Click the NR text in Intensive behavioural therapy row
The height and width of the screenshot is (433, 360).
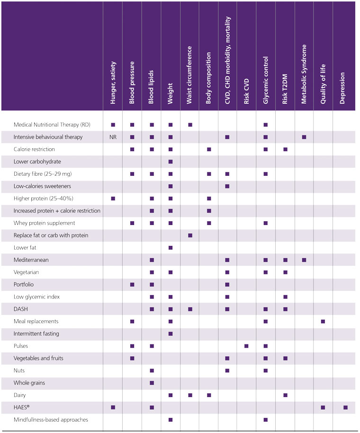click(x=113, y=137)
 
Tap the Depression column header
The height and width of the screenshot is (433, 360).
click(x=342, y=88)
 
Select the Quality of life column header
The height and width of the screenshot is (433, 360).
click(x=323, y=84)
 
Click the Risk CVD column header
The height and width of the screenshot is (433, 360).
click(x=246, y=91)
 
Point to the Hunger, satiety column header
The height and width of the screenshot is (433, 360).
click(x=113, y=82)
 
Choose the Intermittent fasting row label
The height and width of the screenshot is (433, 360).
click(x=36, y=334)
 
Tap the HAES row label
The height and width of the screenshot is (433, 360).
click(x=21, y=407)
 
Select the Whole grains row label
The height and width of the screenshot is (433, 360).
click(x=29, y=383)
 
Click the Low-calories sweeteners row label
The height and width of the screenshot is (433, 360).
click(x=42, y=186)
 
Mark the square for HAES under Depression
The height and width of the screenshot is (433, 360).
click(x=345, y=407)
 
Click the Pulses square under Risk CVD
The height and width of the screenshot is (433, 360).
click(x=246, y=346)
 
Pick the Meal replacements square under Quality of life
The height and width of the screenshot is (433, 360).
click(x=323, y=322)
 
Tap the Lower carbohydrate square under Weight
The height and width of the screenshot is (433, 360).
click(x=171, y=162)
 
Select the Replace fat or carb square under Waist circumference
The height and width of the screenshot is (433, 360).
click(x=190, y=235)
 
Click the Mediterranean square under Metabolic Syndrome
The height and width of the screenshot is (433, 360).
click(x=304, y=260)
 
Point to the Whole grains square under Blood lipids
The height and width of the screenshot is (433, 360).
click(x=152, y=383)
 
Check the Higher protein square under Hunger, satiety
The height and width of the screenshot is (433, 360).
click(x=113, y=198)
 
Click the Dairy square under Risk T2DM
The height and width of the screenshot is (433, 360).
click(x=286, y=395)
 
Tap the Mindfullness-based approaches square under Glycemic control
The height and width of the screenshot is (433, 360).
click(x=266, y=420)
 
